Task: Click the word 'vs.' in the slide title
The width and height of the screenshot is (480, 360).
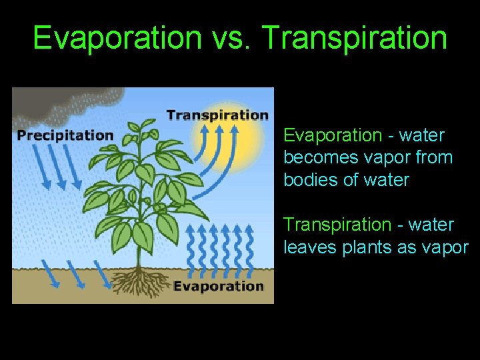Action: click(231, 38)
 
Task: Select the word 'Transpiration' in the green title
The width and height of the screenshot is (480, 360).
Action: click(355, 38)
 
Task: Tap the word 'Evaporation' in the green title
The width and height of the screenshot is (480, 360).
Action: click(117, 38)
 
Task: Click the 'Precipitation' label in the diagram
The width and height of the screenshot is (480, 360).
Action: click(65, 135)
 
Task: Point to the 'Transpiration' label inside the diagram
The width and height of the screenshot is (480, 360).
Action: click(217, 115)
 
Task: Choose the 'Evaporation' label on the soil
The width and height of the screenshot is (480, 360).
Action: click(219, 286)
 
